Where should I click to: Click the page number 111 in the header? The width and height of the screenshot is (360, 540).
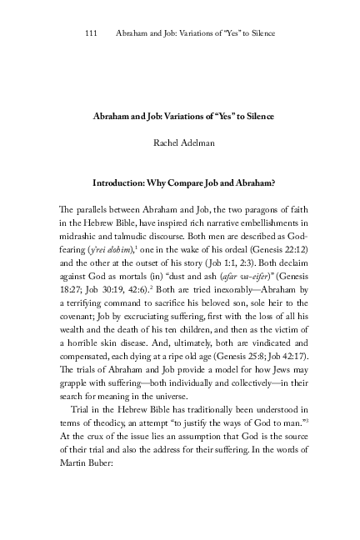(92, 34)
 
